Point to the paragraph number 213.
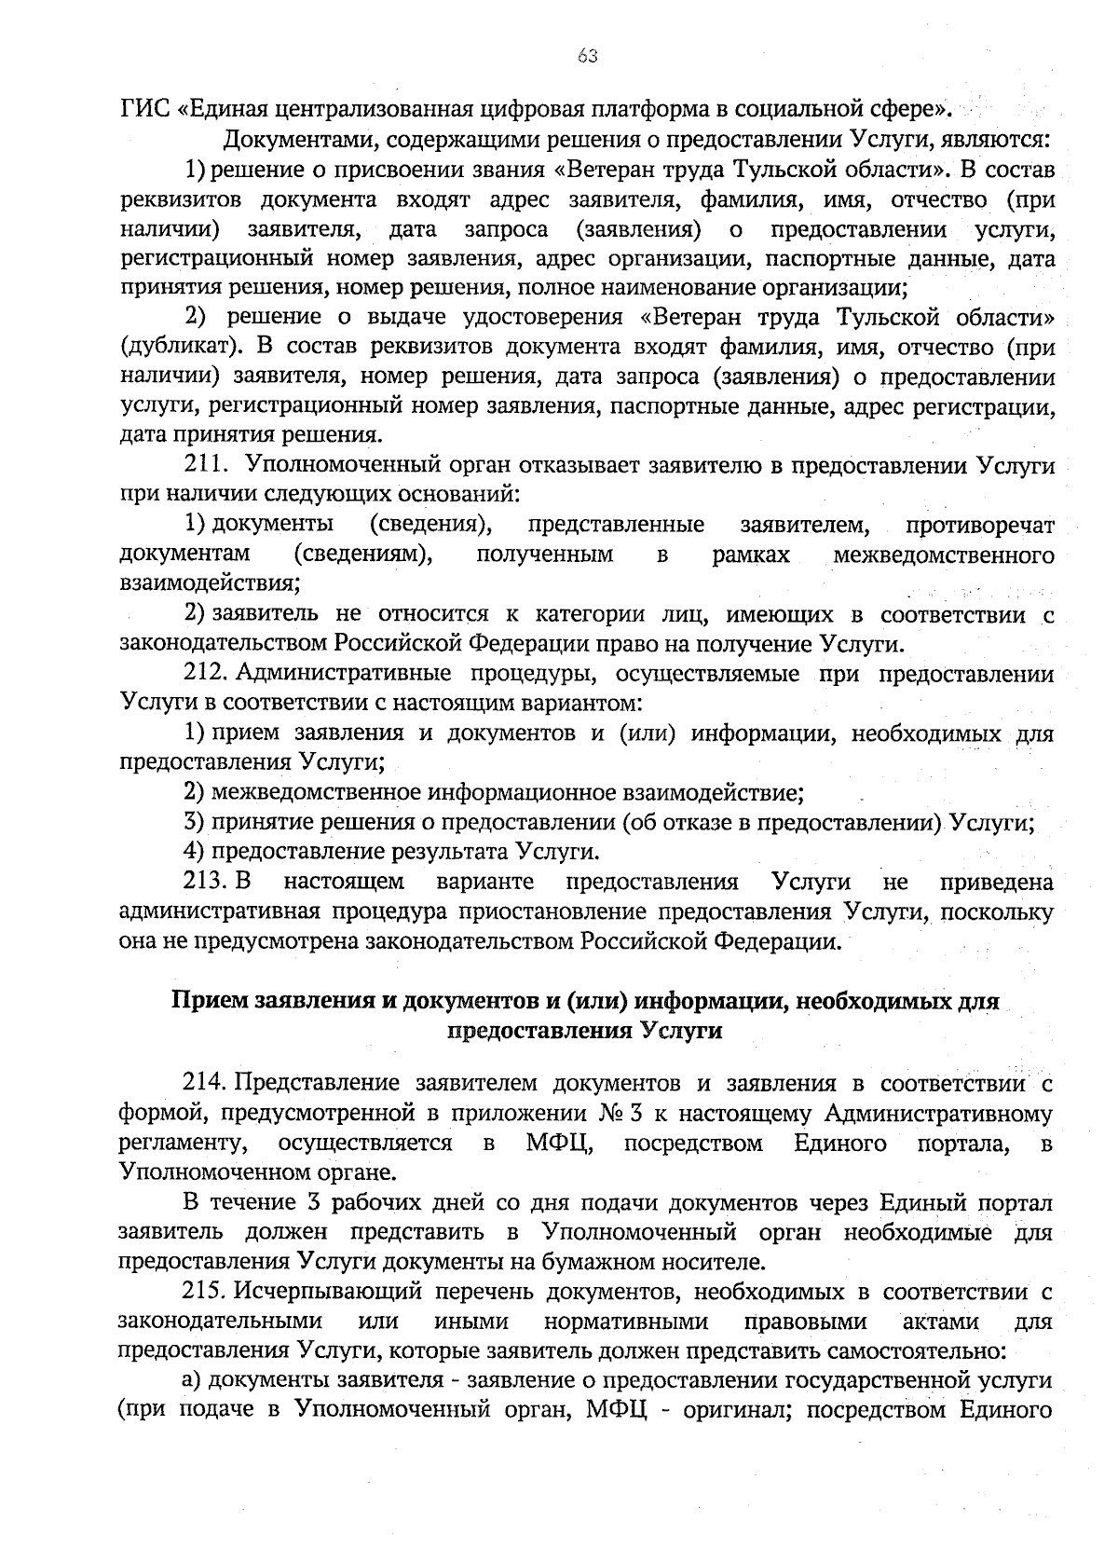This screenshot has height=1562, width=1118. [x=207, y=882]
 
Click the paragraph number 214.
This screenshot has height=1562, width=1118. [x=207, y=1084]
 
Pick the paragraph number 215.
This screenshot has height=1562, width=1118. [x=207, y=1293]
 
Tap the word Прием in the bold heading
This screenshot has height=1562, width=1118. [x=207, y=1002]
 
